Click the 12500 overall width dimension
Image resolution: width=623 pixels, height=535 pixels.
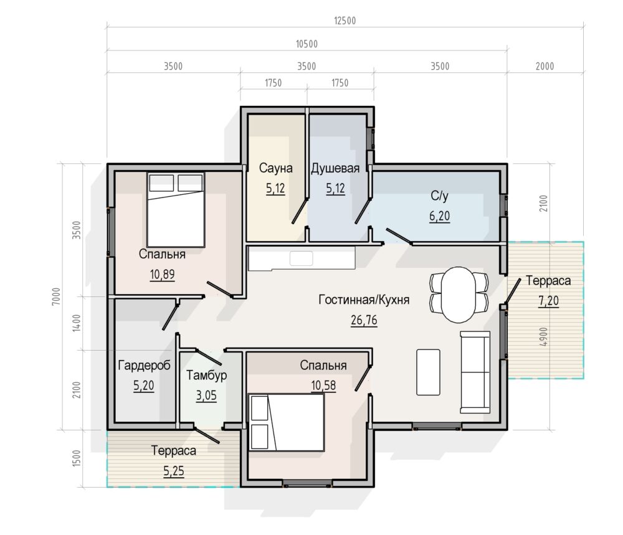[x=345, y=21]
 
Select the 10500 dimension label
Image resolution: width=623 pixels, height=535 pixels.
[x=307, y=44]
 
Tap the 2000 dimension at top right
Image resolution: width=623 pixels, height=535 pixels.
[x=545, y=66]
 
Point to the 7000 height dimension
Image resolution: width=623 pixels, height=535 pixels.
[x=56, y=296]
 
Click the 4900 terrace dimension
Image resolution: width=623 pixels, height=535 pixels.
[x=543, y=336]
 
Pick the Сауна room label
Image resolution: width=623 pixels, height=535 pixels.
[x=276, y=168]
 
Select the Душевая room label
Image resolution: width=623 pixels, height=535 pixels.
[x=335, y=168]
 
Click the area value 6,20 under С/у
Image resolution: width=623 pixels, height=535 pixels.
[x=439, y=216]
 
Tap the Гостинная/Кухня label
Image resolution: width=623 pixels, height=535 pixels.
[x=364, y=300]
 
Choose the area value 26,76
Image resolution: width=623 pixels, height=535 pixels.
[x=364, y=320]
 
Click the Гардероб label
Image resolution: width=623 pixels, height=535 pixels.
[x=145, y=366]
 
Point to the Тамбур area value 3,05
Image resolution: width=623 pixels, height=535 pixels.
[x=206, y=395]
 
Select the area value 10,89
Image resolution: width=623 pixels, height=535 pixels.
[x=162, y=275]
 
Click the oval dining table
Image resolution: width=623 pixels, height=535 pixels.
[x=459, y=295]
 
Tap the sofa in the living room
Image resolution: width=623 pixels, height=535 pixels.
[x=475, y=372]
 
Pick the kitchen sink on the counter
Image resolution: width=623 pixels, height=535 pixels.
[x=301, y=258]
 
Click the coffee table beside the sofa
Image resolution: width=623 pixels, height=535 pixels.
[x=429, y=372]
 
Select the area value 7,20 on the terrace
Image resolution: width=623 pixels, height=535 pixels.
[x=549, y=301]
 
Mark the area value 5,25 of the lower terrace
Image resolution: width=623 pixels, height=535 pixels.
[x=174, y=471]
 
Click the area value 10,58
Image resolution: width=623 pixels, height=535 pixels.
[x=323, y=386]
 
